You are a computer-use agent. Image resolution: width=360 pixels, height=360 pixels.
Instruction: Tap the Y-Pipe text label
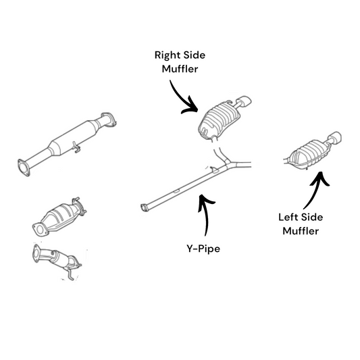(x=203, y=249)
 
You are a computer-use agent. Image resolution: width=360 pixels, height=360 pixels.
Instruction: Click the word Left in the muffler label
(x=288, y=217)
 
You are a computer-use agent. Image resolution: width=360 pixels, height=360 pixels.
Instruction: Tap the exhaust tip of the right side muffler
(x=245, y=101)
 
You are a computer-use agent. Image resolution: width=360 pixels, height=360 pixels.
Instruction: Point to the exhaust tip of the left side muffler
(x=335, y=138)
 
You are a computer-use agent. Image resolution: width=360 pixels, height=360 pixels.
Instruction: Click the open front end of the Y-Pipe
(x=145, y=207)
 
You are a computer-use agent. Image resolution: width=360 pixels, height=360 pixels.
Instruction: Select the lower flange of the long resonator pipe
(x=24, y=167)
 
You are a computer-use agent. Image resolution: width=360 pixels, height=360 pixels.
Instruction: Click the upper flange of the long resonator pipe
(x=109, y=120)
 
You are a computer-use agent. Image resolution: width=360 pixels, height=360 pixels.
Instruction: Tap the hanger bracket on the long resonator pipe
(x=76, y=147)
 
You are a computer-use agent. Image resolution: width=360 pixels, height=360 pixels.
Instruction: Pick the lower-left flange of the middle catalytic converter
(x=41, y=230)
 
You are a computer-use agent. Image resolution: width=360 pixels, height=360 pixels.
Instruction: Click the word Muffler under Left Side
(x=301, y=231)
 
